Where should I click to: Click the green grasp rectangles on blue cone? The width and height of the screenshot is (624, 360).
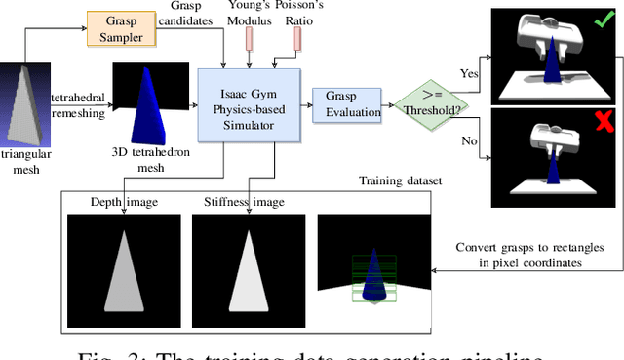click(371, 268)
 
